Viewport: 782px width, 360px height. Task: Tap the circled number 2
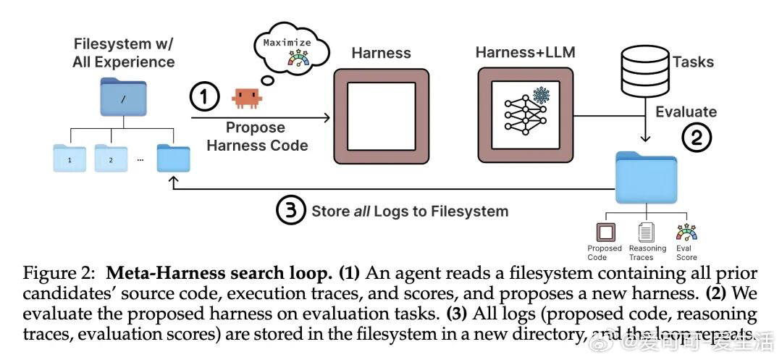pos(696,138)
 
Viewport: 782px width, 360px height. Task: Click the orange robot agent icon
pos(246,98)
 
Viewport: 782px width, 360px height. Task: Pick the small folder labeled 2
pos(111,158)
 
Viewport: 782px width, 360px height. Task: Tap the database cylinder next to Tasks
pos(644,63)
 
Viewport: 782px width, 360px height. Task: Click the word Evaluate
pos(686,112)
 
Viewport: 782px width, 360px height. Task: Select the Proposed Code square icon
pos(604,233)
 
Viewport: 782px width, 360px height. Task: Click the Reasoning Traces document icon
pos(647,233)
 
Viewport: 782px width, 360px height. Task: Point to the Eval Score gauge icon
pos(686,233)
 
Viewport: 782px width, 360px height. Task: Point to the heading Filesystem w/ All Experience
pos(123,53)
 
